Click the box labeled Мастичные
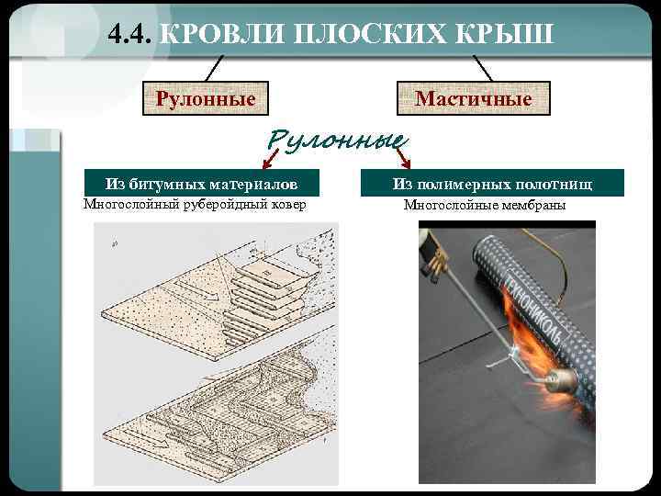click(x=473, y=97)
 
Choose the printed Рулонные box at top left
click(x=206, y=97)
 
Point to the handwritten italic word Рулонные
click(x=336, y=141)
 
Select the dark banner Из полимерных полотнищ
click(x=493, y=184)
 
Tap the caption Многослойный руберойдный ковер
click(x=195, y=204)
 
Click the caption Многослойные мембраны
click(x=485, y=205)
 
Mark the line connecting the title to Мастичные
click(x=483, y=66)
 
